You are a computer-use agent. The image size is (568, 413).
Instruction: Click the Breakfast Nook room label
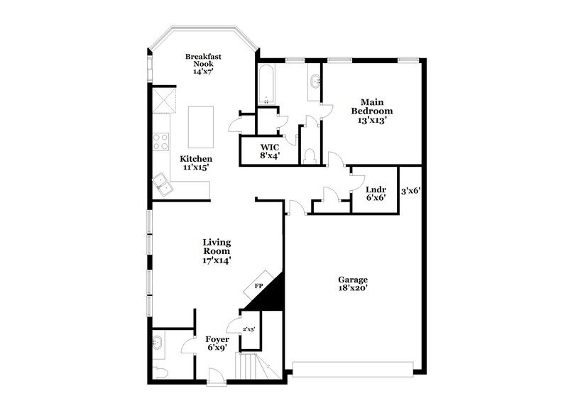pos(200,64)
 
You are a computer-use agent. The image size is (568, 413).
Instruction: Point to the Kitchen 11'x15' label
pos(196,163)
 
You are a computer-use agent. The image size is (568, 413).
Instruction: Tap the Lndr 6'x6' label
pos(376,193)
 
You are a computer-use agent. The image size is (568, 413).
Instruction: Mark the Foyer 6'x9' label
pos(217,344)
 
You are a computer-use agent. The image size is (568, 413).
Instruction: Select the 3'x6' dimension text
pos(411,191)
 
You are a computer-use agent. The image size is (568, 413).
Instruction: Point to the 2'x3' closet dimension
pos(248,330)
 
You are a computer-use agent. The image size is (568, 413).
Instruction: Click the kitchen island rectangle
pos(201,126)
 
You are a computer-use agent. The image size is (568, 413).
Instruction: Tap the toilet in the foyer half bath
pos(162,373)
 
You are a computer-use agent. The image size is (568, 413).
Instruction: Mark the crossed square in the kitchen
pos(165,99)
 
